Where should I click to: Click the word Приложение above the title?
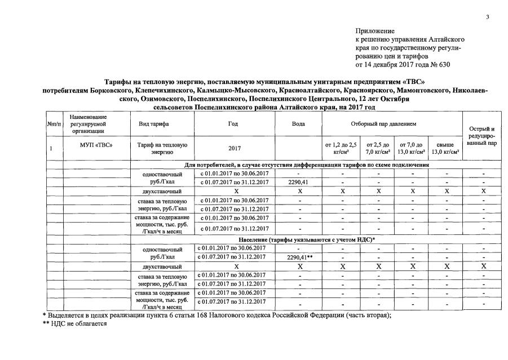tap(375, 30)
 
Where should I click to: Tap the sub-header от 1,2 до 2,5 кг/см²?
tap(341, 149)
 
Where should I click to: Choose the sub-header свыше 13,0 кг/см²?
tap(445, 149)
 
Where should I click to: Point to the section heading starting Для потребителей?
tap(307, 165)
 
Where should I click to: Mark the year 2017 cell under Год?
tap(233, 149)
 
